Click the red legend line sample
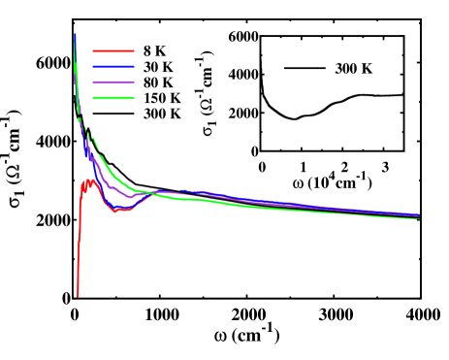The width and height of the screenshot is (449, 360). [x=113, y=50]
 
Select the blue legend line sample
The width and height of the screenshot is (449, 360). [x=113, y=66]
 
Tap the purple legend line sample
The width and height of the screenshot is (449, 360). [x=113, y=82]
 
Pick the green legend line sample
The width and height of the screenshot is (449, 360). [x=113, y=98]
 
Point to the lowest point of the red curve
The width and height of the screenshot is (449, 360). [x=78, y=296]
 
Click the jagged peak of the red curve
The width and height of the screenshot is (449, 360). [x=89, y=180]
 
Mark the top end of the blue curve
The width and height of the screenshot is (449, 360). [x=74, y=32]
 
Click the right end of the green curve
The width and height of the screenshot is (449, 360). [x=419, y=218]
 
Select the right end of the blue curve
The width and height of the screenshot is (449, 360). [x=419, y=214]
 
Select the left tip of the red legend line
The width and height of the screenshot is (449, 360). [x=93, y=50]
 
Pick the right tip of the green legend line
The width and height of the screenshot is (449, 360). [x=134, y=98]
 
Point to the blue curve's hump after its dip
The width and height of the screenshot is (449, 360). [x=165, y=191]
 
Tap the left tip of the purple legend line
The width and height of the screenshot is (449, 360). [x=93, y=82]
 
